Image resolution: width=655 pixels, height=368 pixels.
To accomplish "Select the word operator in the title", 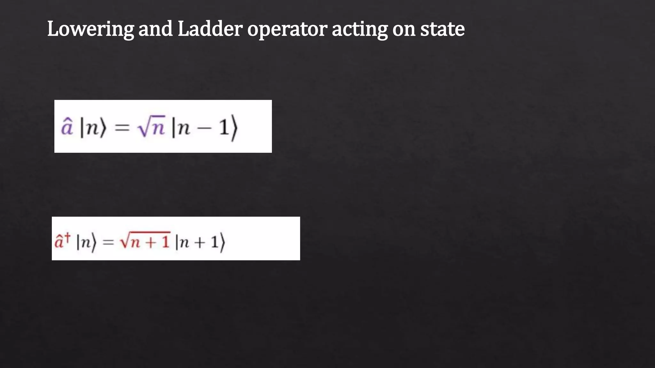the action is (x=287, y=29).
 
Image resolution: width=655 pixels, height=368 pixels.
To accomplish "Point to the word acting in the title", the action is (x=359, y=29).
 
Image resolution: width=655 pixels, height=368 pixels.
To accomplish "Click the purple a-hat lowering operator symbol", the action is (x=67, y=127).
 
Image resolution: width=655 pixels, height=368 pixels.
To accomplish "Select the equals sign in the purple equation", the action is (x=122, y=128).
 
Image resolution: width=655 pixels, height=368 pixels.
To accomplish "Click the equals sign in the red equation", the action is (x=108, y=242).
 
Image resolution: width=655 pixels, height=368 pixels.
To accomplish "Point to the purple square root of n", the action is (x=151, y=127).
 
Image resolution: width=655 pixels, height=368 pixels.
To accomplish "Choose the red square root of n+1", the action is (x=145, y=241).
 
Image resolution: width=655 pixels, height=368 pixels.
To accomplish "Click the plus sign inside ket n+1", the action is (x=200, y=243).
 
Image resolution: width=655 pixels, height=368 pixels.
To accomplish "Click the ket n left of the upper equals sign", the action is (x=93, y=128).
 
